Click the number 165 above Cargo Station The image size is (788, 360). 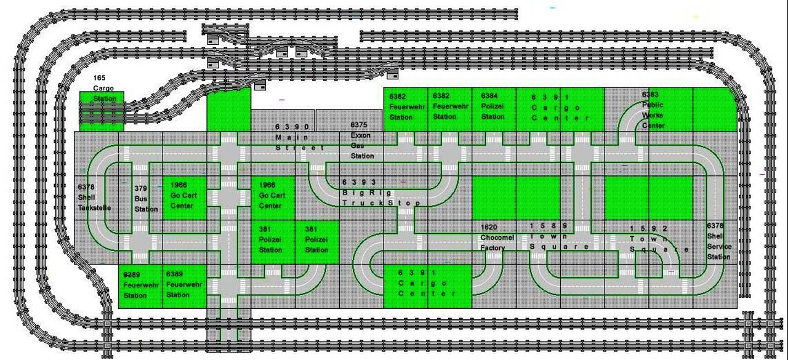[x=99, y=78]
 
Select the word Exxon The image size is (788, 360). [x=361, y=135]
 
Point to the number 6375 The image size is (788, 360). [x=359, y=125]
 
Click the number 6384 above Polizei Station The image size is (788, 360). [x=489, y=96]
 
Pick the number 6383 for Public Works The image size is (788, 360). [x=650, y=95]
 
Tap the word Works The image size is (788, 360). [x=652, y=115]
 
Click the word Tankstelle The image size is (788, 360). [x=94, y=208]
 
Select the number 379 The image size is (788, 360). [x=141, y=188]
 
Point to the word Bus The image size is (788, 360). [x=140, y=199]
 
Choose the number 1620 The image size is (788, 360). [x=489, y=228]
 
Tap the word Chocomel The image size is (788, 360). [x=497, y=238]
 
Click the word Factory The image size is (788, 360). [x=492, y=248]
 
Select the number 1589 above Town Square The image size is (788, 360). [x=548, y=226]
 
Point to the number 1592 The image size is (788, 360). [x=649, y=229]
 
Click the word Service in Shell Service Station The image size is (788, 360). [x=719, y=247]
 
